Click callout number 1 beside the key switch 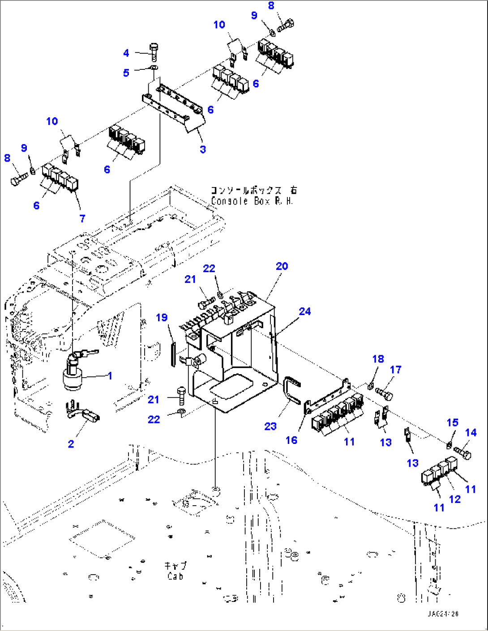coord(110,376)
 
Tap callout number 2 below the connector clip coord(71,444)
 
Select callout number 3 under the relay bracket coord(203,149)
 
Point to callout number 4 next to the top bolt coord(126,53)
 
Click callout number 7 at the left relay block coord(82,218)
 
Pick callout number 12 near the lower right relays coord(455,499)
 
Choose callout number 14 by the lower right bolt coord(471,433)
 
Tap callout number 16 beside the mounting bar coord(291,440)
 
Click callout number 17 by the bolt coord(396,370)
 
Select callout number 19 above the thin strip coord(162,317)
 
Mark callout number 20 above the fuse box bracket coord(282,266)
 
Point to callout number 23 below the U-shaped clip coord(270,426)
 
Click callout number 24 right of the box coord(305,311)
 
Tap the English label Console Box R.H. coord(252,201)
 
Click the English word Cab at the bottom coord(175,576)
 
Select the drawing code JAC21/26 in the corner coord(443,614)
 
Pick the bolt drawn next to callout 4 coord(154,52)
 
